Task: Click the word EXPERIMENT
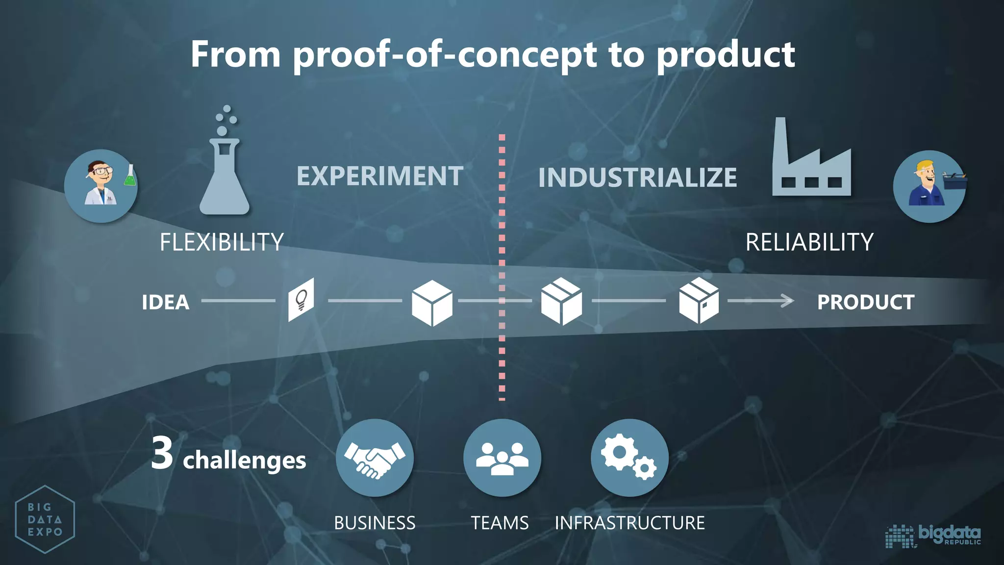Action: click(x=380, y=176)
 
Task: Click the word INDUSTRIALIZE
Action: click(x=637, y=178)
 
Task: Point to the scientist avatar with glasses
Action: click(x=101, y=186)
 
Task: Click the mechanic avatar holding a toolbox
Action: click(x=929, y=186)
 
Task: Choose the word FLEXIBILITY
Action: click(x=222, y=242)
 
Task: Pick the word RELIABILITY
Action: click(x=809, y=242)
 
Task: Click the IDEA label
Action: click(x=166, y=302)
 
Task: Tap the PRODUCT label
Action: click(x=866, y=302)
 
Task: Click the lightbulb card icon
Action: click(x=301, y=300)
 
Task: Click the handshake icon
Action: click(x=375, y=458)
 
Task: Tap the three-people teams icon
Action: click(x=502, y=458)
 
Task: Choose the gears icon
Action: click(x=629, y=458)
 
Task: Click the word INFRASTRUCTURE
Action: click(x=629, y=523)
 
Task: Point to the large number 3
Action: click(x=162, y=454)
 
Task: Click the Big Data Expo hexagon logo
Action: click(x=45, y=519)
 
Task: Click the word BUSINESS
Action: click(x=375, y=523)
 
